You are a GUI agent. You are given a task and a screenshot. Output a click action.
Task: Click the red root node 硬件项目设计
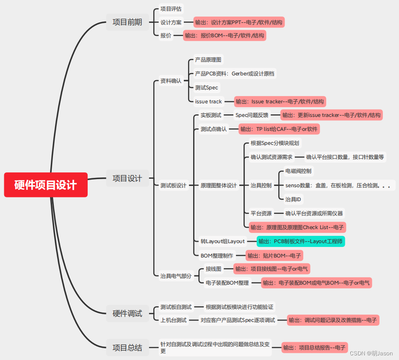(46, 185)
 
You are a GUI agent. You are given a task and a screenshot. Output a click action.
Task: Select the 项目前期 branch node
(127, 22)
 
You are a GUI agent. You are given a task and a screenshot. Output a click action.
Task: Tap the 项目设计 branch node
(127, 178)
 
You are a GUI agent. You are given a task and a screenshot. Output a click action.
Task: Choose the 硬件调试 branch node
(127, 313)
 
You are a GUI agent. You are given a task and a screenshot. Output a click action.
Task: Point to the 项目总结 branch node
(127, 348)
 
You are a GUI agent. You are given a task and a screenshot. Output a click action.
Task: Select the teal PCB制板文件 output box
(301, 241)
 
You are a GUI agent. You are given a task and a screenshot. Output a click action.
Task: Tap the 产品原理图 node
(208, 60)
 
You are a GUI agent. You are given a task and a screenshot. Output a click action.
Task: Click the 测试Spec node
(207, 88)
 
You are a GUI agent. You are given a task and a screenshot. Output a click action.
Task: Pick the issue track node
(208, 102)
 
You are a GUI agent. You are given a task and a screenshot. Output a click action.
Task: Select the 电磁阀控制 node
(298, 171)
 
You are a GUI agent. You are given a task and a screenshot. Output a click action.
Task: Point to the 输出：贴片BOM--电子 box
(274, 255)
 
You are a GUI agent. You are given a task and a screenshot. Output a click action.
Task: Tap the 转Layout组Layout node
(223, 241)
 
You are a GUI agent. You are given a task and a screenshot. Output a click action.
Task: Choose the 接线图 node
(213, 269)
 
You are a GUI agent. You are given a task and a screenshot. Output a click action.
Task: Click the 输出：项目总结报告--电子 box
(315, 348)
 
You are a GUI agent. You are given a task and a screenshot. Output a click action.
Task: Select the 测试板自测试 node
(176, 307)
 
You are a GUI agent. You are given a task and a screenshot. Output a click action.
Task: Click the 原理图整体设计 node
(219, 185)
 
